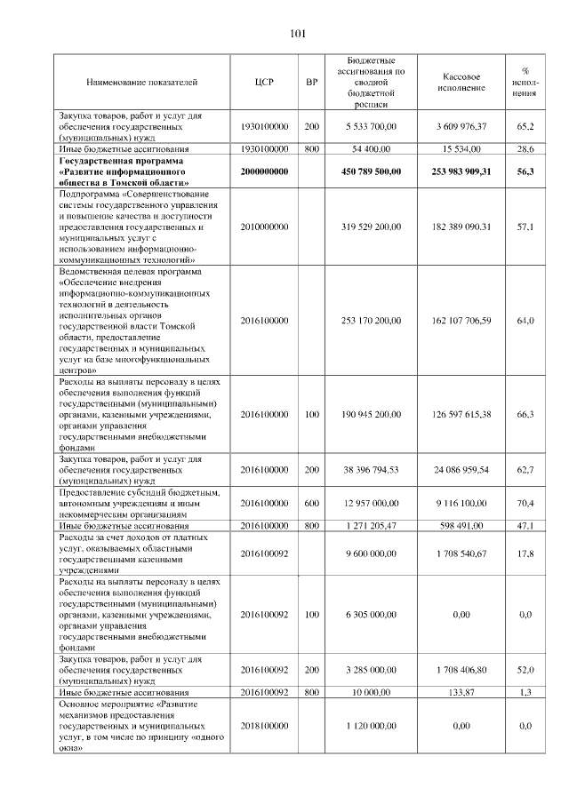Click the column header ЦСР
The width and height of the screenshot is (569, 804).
(264, 83)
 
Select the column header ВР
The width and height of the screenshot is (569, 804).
(311, 83)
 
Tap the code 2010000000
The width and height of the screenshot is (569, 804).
(264, 227)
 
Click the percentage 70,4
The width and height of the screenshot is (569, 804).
(525, 503)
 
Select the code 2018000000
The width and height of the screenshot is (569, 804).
(264, 726)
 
